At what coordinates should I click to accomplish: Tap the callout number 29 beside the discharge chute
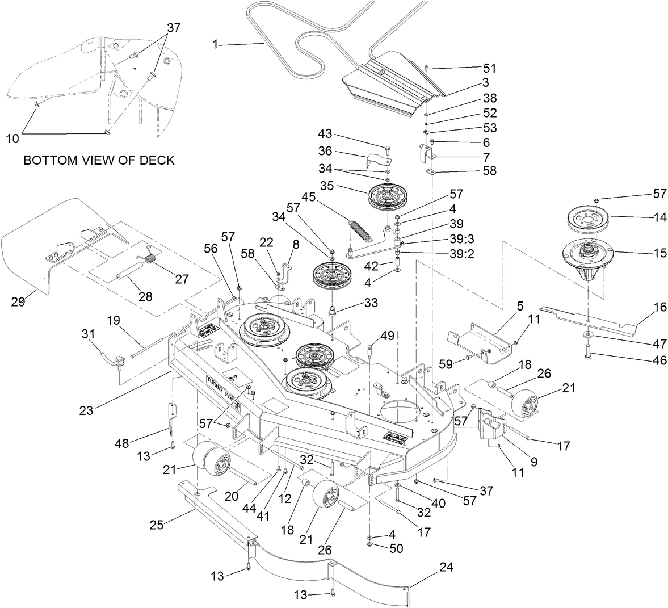coord(18,302)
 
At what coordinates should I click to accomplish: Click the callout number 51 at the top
coord(489,69)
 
